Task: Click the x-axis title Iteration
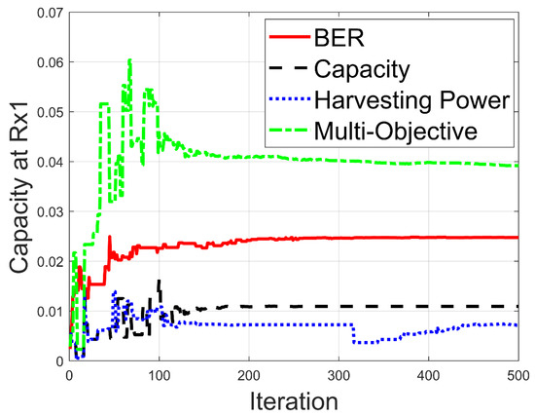pyautogui.click(x=293, y=400)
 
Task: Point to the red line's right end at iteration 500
pyautogui.click(x=517, y=238)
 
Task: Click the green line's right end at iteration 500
pyautogui.click(x=517, y=166)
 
